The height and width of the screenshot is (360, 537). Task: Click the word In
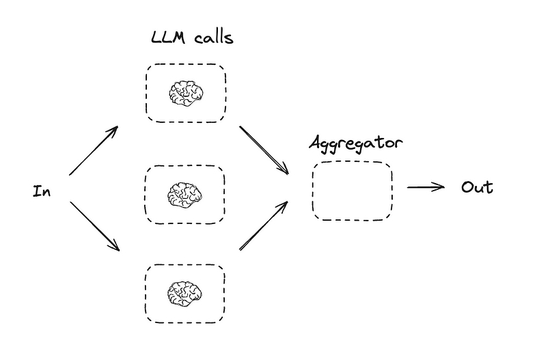tap(42, 191)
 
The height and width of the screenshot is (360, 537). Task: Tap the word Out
tap(477, 187)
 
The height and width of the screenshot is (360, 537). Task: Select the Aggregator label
tap(356, 143)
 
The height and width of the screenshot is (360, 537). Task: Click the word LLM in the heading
tap(168, 38)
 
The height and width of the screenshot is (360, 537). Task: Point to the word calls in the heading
tap(214, 38)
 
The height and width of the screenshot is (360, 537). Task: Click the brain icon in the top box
tap(187, 93)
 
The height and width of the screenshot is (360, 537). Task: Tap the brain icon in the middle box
tap(185, 195)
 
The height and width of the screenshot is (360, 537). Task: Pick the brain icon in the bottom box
tap(185, 294)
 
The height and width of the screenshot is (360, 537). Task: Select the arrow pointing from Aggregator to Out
tap(426, 187)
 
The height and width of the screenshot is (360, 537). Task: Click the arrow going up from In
tap(94, 150)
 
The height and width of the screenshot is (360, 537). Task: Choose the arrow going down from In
tap(95, 226)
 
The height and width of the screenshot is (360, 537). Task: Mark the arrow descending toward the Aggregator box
tap(264, 150)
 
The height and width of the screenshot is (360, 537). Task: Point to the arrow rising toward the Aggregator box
tap(263, 225)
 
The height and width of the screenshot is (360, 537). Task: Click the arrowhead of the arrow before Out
tap(441, 187)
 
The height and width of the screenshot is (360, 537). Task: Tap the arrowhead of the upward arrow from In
tap(114, 130)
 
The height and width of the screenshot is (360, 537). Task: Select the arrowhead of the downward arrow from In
tap(115, 247)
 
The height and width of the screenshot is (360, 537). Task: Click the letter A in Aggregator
tap(317, 142)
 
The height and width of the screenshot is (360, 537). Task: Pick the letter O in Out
tap(467, 187)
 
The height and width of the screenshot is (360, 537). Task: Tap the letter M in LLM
tap(179, 38)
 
